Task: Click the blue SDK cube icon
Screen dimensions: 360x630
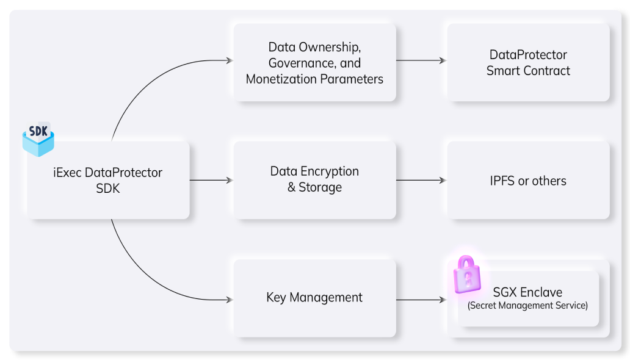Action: tap(38, 140)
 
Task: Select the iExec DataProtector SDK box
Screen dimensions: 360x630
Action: tap(108, 181)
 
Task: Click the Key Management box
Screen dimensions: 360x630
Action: tap(314, 298)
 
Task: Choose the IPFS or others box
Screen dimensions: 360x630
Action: tap(528, 181)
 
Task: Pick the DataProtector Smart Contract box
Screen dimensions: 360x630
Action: tap(528, 63)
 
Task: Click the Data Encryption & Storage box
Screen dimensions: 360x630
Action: tap(314, 180)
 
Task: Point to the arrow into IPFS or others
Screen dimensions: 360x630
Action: tap(421, 180)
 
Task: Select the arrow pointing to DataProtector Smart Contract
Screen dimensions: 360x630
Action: tap(421, 60)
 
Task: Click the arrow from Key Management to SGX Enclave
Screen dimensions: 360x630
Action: tap(421, 300)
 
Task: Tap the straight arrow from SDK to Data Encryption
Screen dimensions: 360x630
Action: tap(211, 180)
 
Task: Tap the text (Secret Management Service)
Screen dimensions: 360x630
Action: tap(527, 305)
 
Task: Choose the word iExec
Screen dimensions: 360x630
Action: tap(68, 173)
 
